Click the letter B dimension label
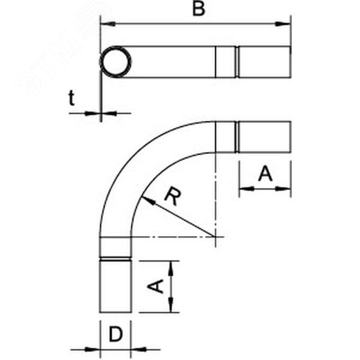tap(199, 9)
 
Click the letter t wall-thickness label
tap(71, 98)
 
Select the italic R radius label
tap(173, 197)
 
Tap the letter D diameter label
tap(116, 334)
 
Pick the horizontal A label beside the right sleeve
tap(265, 174)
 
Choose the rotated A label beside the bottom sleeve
tap(156, 286)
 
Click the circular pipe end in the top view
tap(115, 62)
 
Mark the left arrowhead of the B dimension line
tap(108, 24)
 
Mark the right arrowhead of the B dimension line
tap(283, 24)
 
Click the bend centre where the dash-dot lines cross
tap(216, 237)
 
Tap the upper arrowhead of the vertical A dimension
tap(171, 269)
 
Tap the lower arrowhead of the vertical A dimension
tap(171, 305)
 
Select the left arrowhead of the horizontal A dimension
tap(247, 189)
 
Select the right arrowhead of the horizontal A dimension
tap(283, 189)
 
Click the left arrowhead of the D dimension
tap(93, 349)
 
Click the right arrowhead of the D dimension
tap(139, 349)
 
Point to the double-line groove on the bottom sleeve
tap(115, 259)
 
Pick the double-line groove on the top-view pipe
tap(237, 62)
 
